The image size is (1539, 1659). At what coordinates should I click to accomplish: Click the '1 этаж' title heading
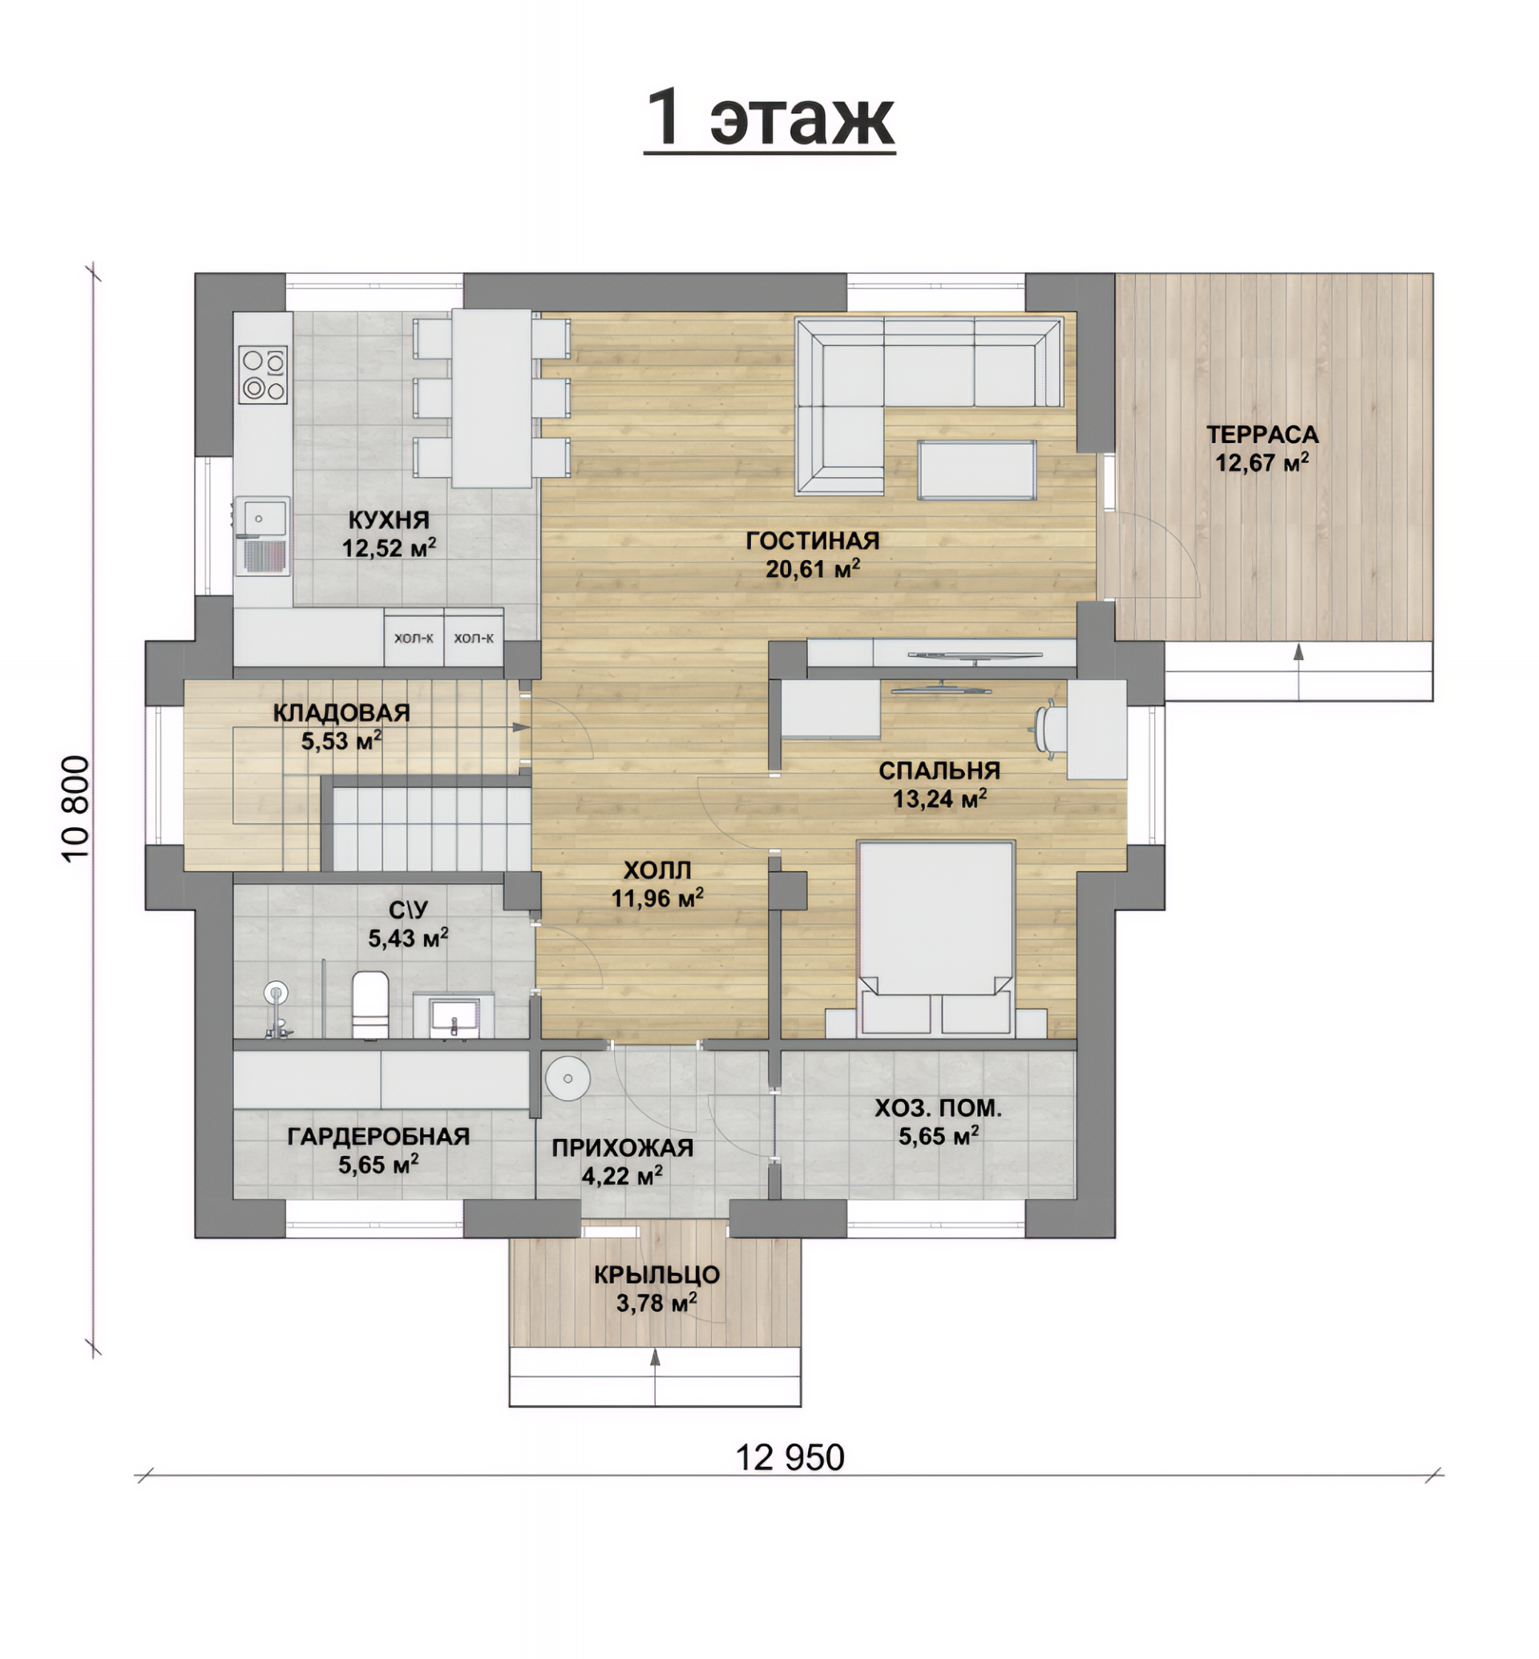[769, 118]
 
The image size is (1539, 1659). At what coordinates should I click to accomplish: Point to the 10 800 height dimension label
[75, 808]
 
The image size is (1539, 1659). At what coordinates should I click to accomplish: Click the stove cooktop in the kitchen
[263, 375]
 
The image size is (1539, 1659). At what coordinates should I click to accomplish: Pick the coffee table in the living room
[977, 470]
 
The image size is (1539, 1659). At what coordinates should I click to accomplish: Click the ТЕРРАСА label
[1262, 434]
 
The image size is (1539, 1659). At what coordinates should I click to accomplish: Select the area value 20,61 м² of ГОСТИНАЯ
[813, 569]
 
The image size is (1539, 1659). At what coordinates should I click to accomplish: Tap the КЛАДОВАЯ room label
[341, 713]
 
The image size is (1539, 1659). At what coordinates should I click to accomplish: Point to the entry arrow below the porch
[656, 1377]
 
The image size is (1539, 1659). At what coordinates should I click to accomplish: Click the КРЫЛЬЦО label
[657, 1275]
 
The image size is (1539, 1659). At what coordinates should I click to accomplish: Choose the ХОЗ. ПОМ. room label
[939, 1108]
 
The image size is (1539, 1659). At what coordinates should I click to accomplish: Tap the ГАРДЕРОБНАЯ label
[379, 1136]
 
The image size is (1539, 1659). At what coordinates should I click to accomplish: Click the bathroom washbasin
[454, 1017]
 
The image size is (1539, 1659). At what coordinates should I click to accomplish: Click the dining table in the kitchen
[492, 398]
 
